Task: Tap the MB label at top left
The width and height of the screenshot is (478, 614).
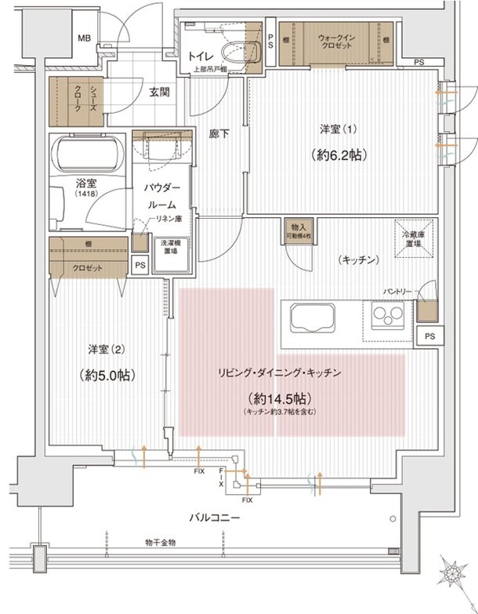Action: (x=84, y=38)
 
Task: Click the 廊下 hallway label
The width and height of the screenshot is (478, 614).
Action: (x=220, y=134)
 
